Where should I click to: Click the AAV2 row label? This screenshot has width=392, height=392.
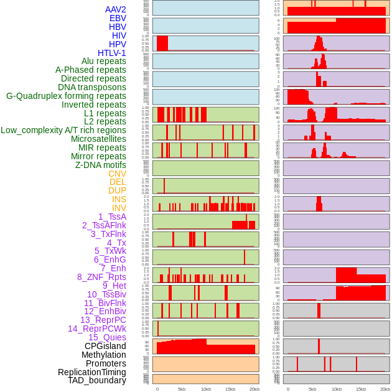115,9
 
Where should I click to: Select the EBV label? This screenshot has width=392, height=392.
118,18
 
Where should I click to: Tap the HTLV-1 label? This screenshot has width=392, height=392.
111,53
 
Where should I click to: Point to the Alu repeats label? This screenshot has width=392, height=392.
103,61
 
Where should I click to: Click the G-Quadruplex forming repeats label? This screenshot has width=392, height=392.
66,96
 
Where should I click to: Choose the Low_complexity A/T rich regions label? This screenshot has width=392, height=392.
63,130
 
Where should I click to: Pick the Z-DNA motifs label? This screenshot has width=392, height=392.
100,165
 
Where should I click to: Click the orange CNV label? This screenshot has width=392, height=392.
117,174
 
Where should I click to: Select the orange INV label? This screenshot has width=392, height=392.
119,208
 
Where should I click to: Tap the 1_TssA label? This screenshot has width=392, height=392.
112,217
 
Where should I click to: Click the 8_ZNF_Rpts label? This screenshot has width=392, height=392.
101,277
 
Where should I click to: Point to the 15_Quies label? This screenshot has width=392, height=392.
107,337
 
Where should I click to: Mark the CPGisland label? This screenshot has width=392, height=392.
105,346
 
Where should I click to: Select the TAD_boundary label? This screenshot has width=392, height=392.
97,380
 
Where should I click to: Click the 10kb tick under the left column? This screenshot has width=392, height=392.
205,389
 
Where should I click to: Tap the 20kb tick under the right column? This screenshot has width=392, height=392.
385,389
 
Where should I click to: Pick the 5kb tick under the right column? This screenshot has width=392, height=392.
312,389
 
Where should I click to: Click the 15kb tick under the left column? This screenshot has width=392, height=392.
230,389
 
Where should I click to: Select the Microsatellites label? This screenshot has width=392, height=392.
98,139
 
